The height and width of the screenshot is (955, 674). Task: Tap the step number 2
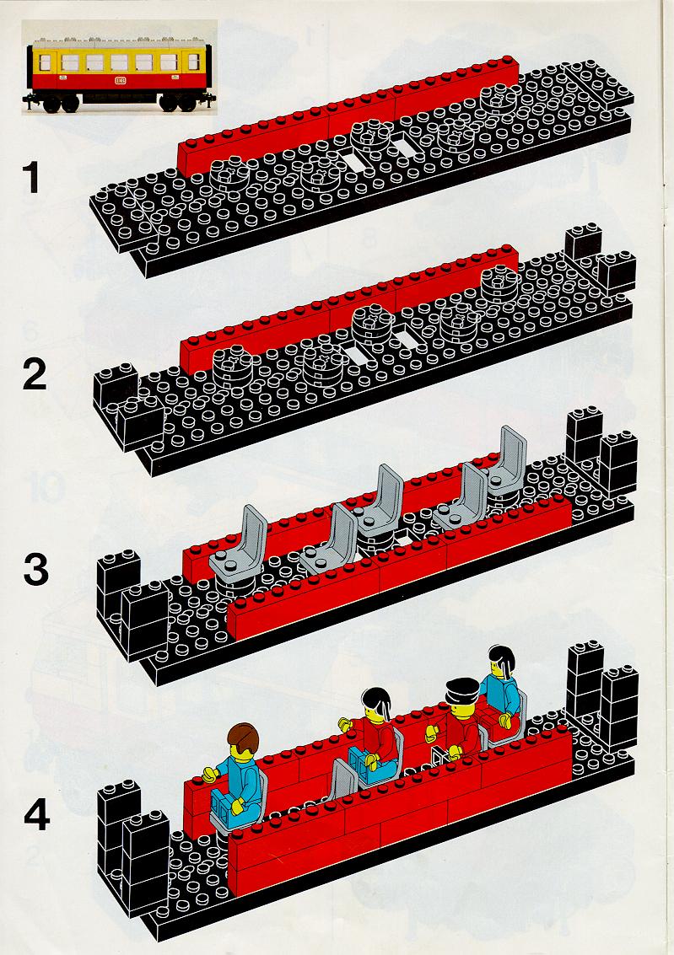(x=34, y=374)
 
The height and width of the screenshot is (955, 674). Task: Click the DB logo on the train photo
(x=119, y=80)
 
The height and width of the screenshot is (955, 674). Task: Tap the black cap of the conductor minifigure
(x=462, y=690)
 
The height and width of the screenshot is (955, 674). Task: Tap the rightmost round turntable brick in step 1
(x=499, y=98)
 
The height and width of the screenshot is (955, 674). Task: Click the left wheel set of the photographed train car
(x=61, y=105)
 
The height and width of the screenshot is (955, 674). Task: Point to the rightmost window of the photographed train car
(x=192, y=62)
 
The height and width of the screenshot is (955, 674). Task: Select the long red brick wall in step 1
(x=348, y=115)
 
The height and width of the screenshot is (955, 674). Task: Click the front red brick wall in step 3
(x=399, y=566)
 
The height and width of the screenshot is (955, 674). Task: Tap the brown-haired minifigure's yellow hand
(x=210, y=774)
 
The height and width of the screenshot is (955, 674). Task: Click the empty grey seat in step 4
(x=339, y=780)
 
